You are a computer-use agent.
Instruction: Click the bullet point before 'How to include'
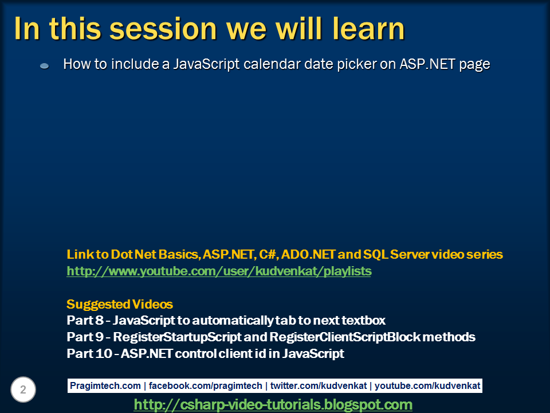(44, 67)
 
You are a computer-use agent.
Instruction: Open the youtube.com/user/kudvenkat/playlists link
(219, 271)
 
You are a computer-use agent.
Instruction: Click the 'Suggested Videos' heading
(120, 304)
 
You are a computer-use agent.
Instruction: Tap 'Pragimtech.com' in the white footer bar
(105, 386)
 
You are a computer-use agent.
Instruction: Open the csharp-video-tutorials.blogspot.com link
(273, 405)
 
